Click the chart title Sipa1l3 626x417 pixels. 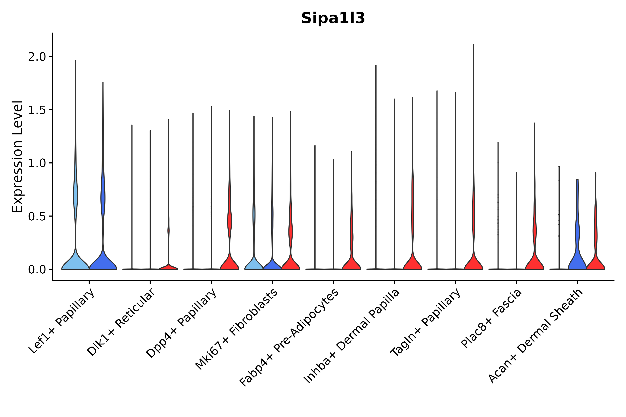coord(333,19)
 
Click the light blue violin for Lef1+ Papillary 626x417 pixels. coord(75,262)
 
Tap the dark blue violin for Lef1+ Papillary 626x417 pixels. coord(103,262)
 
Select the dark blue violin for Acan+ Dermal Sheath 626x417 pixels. coord(577,261)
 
